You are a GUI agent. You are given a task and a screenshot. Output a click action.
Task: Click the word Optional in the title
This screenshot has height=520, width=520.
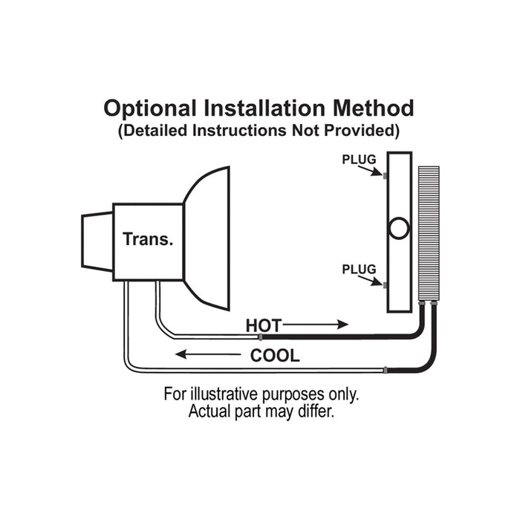pos(149,108)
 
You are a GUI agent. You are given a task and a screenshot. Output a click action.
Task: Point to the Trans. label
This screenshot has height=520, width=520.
pos(149,239)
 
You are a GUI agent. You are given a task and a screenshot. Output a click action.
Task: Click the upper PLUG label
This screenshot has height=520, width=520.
pos(360,160)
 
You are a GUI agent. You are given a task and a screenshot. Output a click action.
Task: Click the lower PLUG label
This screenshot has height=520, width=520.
pos(360,269)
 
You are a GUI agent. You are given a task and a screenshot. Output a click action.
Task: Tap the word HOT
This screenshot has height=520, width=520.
pos(262,325)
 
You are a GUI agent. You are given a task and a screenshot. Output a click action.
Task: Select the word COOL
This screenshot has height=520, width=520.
pos(275,356)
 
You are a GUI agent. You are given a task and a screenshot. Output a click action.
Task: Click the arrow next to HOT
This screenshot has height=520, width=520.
pos(316,325)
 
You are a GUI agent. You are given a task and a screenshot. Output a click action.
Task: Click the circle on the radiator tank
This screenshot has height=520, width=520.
pos(399,228)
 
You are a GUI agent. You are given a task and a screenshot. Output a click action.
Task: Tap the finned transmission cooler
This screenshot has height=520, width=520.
pos(429,234)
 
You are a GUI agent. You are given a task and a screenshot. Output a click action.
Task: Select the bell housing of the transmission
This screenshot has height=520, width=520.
pos(208,238)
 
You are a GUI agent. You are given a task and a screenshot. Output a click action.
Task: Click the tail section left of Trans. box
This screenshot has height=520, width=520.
pos(97,241)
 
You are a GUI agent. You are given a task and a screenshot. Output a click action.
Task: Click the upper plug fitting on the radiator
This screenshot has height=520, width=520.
pos(385,177)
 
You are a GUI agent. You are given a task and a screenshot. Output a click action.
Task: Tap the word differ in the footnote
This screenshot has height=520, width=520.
pos(316,411)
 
